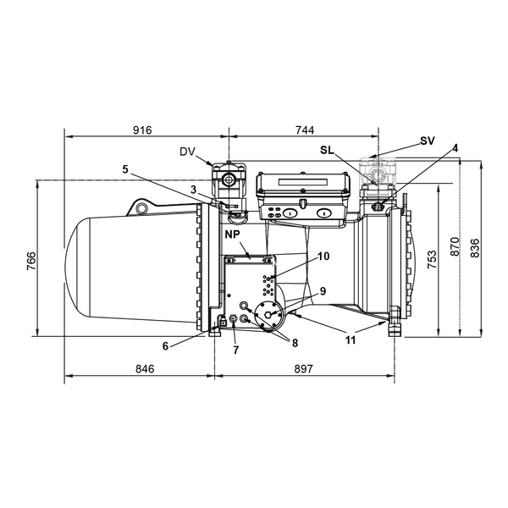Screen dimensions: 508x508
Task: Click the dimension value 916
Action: [142, 130]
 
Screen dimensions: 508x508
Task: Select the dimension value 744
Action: [305, 130]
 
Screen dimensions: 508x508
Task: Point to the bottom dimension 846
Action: [145, 368]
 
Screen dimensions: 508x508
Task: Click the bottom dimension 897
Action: [304, 368]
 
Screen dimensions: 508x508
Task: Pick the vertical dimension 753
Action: [432, 259]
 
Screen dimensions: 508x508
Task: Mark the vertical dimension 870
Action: [455, 247]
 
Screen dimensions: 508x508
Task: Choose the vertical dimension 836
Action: [475, 248]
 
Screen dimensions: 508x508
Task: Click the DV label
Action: [188, 152]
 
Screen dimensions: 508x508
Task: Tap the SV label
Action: [428, 141]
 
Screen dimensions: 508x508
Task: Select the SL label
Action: [327, 150]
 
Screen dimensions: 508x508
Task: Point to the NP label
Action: [232, 235]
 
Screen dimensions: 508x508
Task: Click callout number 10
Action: [323, 257]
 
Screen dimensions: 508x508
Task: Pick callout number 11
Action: [351, 340]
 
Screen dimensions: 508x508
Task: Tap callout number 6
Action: [166, 346]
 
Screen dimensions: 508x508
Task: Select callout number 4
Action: [456, 148]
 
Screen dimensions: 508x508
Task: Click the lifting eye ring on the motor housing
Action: [141, 208]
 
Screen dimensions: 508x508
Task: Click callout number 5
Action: [125, 169]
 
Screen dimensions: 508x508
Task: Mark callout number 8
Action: [295, 343]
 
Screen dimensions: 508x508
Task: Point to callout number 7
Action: [236, 350]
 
